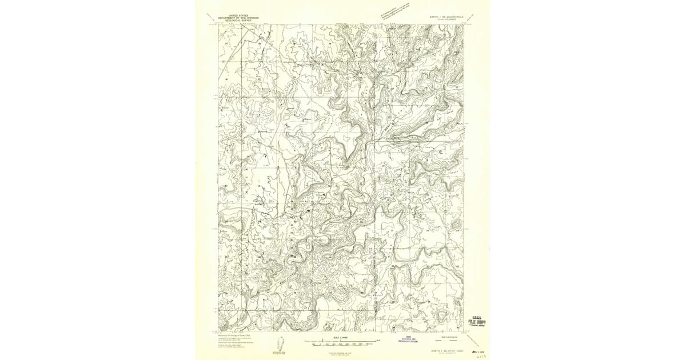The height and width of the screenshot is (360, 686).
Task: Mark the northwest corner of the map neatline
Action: [x=218, y=25]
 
